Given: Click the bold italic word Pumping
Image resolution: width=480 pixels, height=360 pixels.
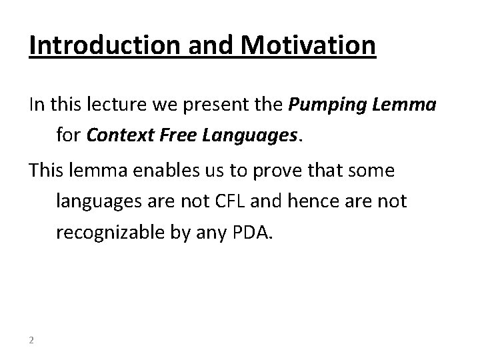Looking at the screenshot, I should pyautogui.click(x=325, y=105).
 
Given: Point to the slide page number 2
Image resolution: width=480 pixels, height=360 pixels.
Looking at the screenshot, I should pyautogui.click(x=32, y=341).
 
